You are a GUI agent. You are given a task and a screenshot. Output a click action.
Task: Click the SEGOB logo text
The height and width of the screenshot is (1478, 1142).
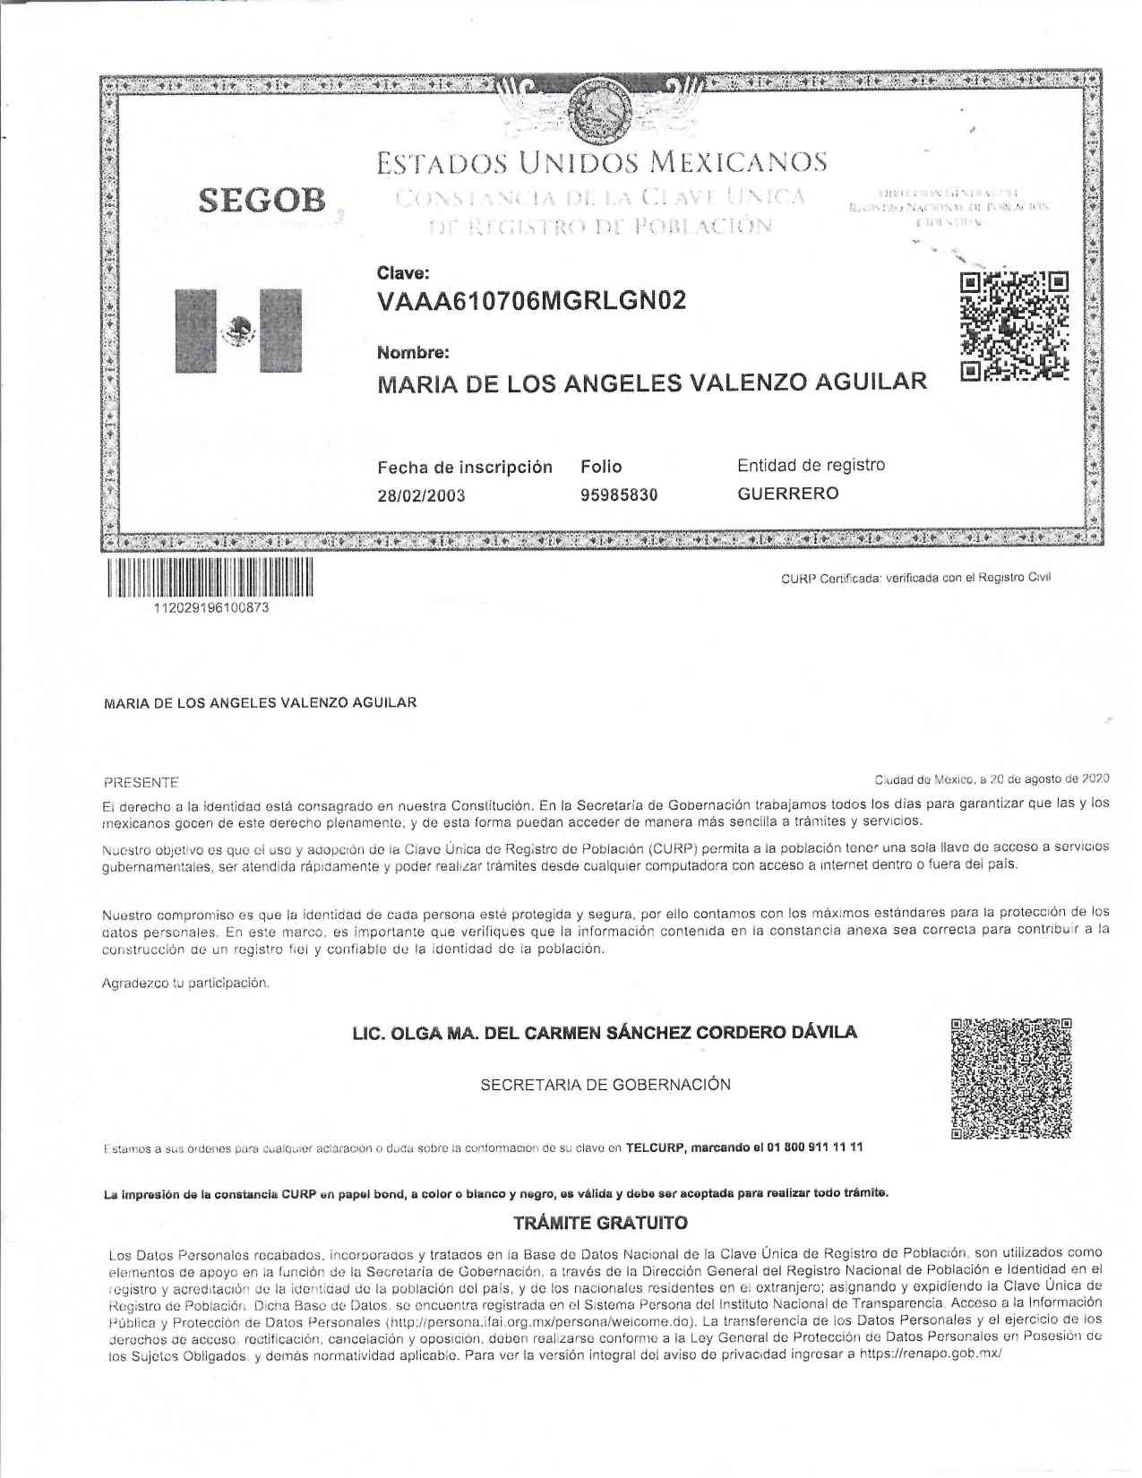262,201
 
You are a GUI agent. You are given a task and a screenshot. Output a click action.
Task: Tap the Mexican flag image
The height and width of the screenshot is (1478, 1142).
237,331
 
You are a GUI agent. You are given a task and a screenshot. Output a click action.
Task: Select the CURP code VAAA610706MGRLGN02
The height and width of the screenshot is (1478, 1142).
532,301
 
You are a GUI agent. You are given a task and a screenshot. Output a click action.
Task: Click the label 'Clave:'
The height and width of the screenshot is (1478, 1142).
403,272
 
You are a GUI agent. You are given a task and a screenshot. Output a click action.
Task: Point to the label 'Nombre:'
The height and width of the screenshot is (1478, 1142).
413,353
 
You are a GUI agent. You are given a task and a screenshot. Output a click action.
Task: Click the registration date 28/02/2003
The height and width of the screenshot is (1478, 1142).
421,495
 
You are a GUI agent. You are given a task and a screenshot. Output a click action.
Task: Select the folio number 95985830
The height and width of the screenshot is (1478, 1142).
619,494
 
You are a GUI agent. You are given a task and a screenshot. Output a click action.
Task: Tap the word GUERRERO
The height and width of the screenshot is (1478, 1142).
788,494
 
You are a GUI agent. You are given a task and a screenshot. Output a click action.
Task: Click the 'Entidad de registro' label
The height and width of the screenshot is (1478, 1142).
811,465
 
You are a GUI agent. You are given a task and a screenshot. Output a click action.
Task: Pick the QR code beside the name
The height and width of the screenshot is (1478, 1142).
1014,325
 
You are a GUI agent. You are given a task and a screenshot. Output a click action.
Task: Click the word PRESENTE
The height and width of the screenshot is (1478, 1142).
142,782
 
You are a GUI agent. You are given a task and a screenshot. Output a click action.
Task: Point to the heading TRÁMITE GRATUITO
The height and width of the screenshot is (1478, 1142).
601,1223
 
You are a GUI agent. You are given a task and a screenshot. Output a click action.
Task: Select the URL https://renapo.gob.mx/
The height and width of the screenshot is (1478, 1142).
929,1354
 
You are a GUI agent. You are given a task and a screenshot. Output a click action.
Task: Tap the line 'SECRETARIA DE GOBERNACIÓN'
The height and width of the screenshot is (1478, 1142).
605,1085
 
